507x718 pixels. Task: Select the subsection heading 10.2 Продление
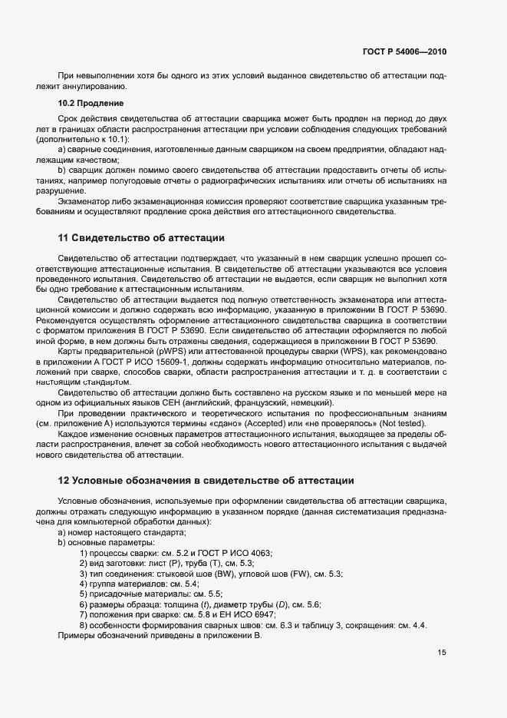click(91, 103)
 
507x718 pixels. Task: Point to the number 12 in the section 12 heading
click(64, 480)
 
